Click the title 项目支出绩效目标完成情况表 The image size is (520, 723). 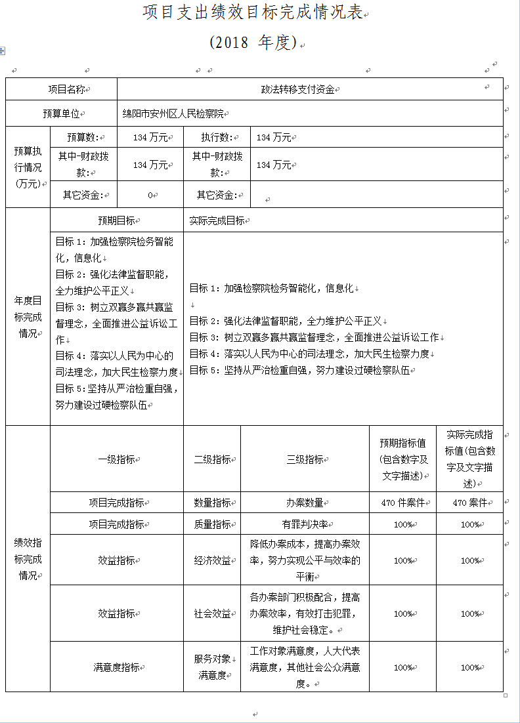coord(253,13)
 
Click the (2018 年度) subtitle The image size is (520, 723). coord(253,43)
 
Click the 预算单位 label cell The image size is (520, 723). coord(62,114)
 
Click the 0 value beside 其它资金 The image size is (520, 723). coord(150,195)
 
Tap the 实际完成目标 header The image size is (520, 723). coord(217,221)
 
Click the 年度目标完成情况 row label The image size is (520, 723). coord(28,317)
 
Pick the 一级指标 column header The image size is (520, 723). coord(117,459)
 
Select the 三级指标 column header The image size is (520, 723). coord(305,459)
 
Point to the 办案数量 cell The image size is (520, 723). coord(305,503)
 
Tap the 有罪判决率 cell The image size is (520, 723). coord(305,524)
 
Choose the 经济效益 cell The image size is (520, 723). coord(212,560)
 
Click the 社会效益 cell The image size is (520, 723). coord(212,613)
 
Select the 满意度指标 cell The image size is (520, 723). coord(117,667)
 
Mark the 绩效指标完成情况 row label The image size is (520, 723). coord(28,559)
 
